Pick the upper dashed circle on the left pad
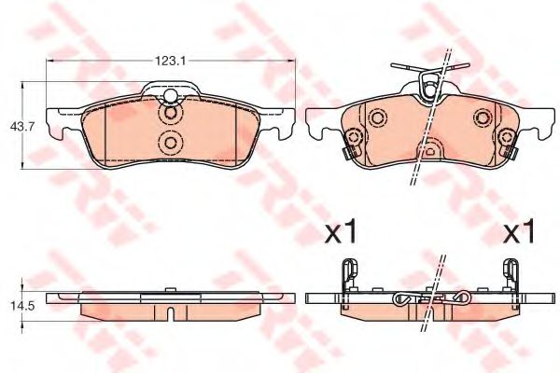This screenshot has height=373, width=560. tap(171, 115)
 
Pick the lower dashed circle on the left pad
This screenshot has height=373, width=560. tap(171, 143)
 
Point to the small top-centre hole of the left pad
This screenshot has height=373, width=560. tap(171, 97)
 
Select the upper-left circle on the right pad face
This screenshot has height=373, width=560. tap(376, 118)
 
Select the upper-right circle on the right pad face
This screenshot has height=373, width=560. tap(483, 117)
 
